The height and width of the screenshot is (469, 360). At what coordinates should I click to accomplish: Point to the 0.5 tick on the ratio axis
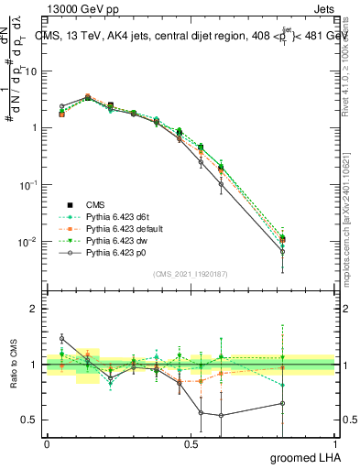pyautogui.click(x=30, y=420)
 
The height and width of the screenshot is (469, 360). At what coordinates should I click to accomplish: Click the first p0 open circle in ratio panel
pyautogui.click(x=61, y=339)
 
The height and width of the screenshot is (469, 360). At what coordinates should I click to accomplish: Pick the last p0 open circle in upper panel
pyautogui.click(x=308, y=251)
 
